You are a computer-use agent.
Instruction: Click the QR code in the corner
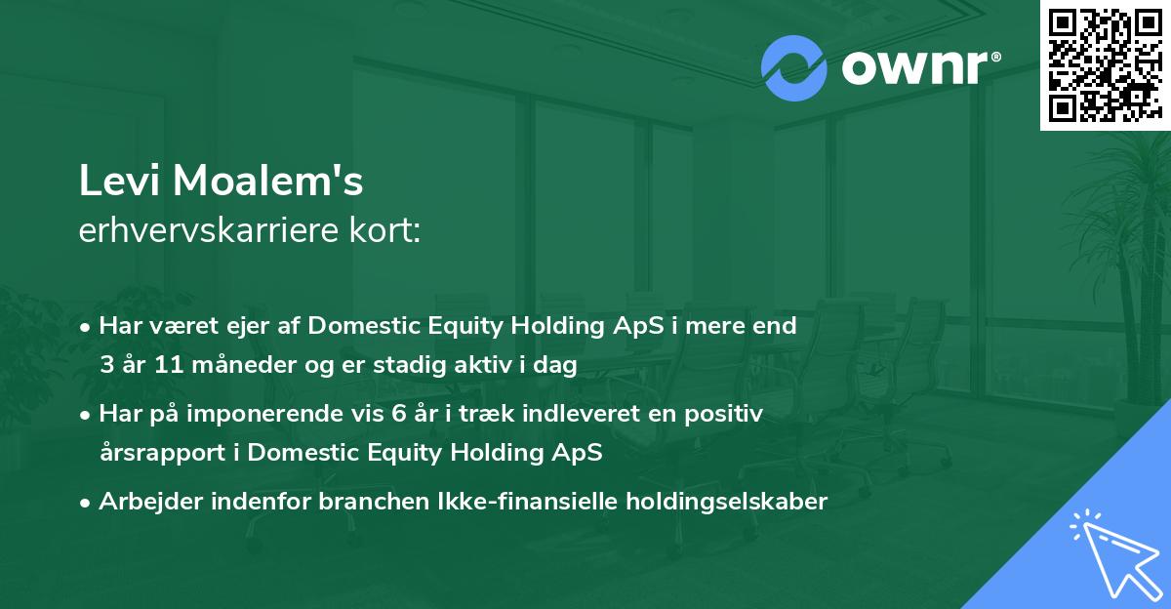click(1106, 64)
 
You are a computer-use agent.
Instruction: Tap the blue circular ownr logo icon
click(793, 68)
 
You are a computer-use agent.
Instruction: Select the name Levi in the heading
click(119, 181)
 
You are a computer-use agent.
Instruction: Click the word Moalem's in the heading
click(267, 181)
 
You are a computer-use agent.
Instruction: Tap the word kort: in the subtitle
click(384, 230)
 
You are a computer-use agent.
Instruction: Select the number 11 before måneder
click(169, 364)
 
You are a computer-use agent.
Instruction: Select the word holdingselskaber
click(727, 503)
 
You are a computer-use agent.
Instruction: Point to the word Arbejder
click(151, 502)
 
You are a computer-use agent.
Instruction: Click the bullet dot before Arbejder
click(85, 504)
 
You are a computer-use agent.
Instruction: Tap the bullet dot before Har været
click(85, 328)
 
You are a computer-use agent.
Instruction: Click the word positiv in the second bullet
click(723, 415)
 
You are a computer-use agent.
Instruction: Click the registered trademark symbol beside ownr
click(995, 57)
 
